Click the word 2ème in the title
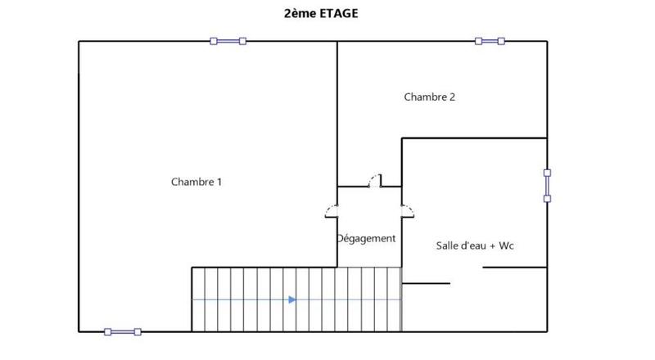pyautogui.click(x=297, y=13)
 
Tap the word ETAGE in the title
pyautogui.click(x=341, y=13)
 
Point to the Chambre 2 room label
pyautogui.click(x=430, y=97)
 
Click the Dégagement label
pyautogui.click(x=366, y=239)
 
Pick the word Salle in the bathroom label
pyautogui.click(x=448, y=245)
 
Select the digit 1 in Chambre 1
pyautogui.click(x=219, y=182)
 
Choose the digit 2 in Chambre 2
pyautogui.click(x=453, y=97)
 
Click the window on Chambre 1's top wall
pyautogui.click(x=228, y=41)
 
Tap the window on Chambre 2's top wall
pyautogui.click(x=490, y=41)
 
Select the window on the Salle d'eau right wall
pyautogui.click(x=547, y=185)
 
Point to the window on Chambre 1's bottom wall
pyautogui.click(x=123, y=331)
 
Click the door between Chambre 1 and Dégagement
pyautogui.click(x=333, y=210)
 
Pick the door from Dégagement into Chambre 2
pyautogui.click(x=375, y=181)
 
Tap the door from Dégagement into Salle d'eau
pyautogui.click(x=406, y=210)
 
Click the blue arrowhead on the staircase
pyautogui.click(x=291, y=299)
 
